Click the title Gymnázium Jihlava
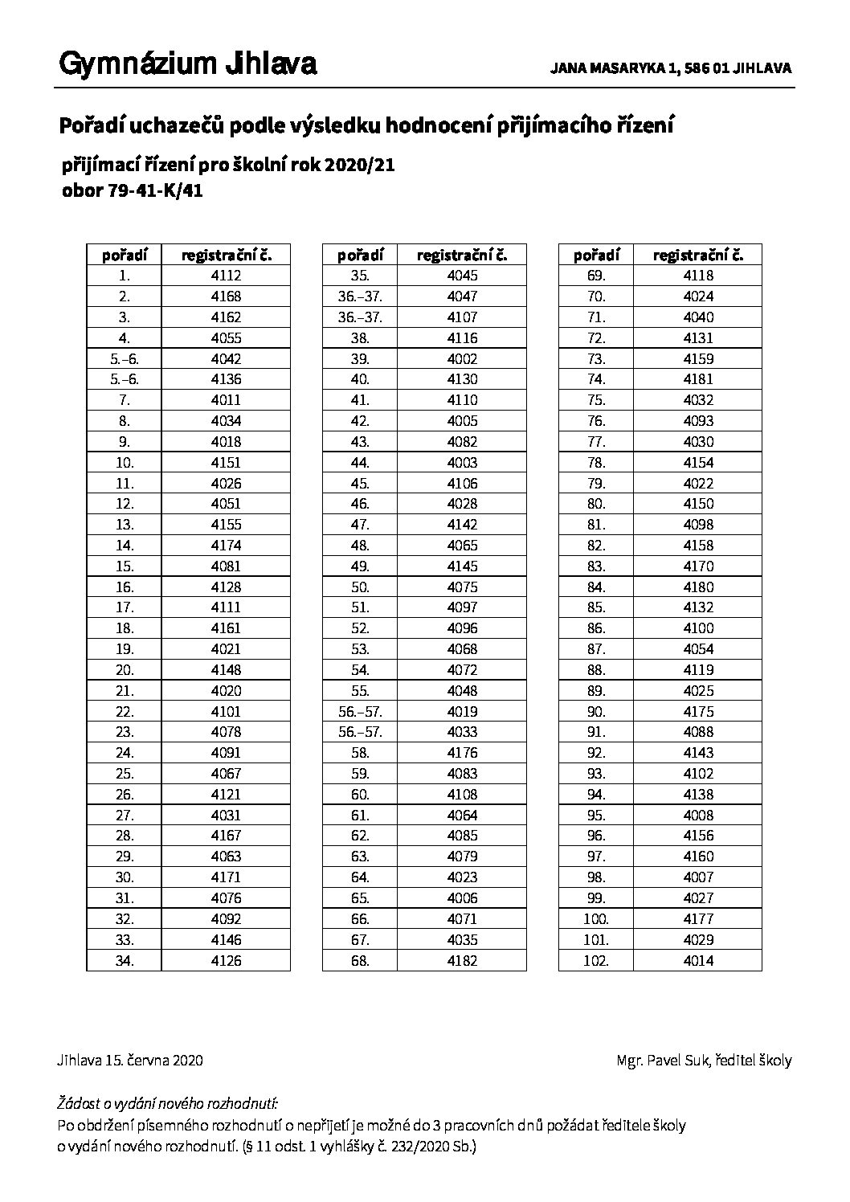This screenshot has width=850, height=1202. point(187,64)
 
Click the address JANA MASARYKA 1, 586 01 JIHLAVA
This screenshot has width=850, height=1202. point(671,69)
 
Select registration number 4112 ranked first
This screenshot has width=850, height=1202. point(226,276)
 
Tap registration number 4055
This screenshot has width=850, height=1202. point(226,338)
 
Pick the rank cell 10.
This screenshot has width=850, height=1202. point(125,463)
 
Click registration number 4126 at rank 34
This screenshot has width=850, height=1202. point(226,961)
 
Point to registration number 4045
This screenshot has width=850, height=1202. point(462,276)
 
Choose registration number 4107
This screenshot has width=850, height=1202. point(462,317)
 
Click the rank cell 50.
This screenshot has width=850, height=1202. point(360,587)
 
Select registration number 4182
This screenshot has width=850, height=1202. point(462,961)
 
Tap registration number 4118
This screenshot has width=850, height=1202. point(698,276)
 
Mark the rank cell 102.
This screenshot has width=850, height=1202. point(596,961)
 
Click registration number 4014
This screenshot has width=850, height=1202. point(698,961)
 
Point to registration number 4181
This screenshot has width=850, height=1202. point(698,379)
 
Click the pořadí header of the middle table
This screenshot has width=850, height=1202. point(360,256)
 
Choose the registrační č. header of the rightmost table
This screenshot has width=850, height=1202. point(698,256)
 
